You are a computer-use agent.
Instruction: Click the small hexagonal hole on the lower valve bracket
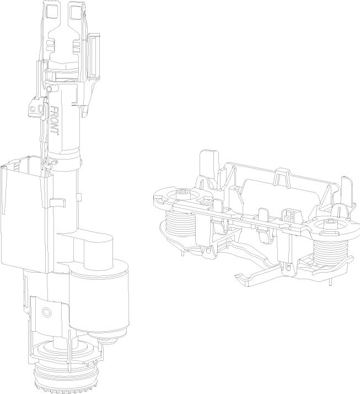[46, 312]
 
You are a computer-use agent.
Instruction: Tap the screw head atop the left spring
[183, 194]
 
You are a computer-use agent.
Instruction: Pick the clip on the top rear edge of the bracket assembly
[282, 175]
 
